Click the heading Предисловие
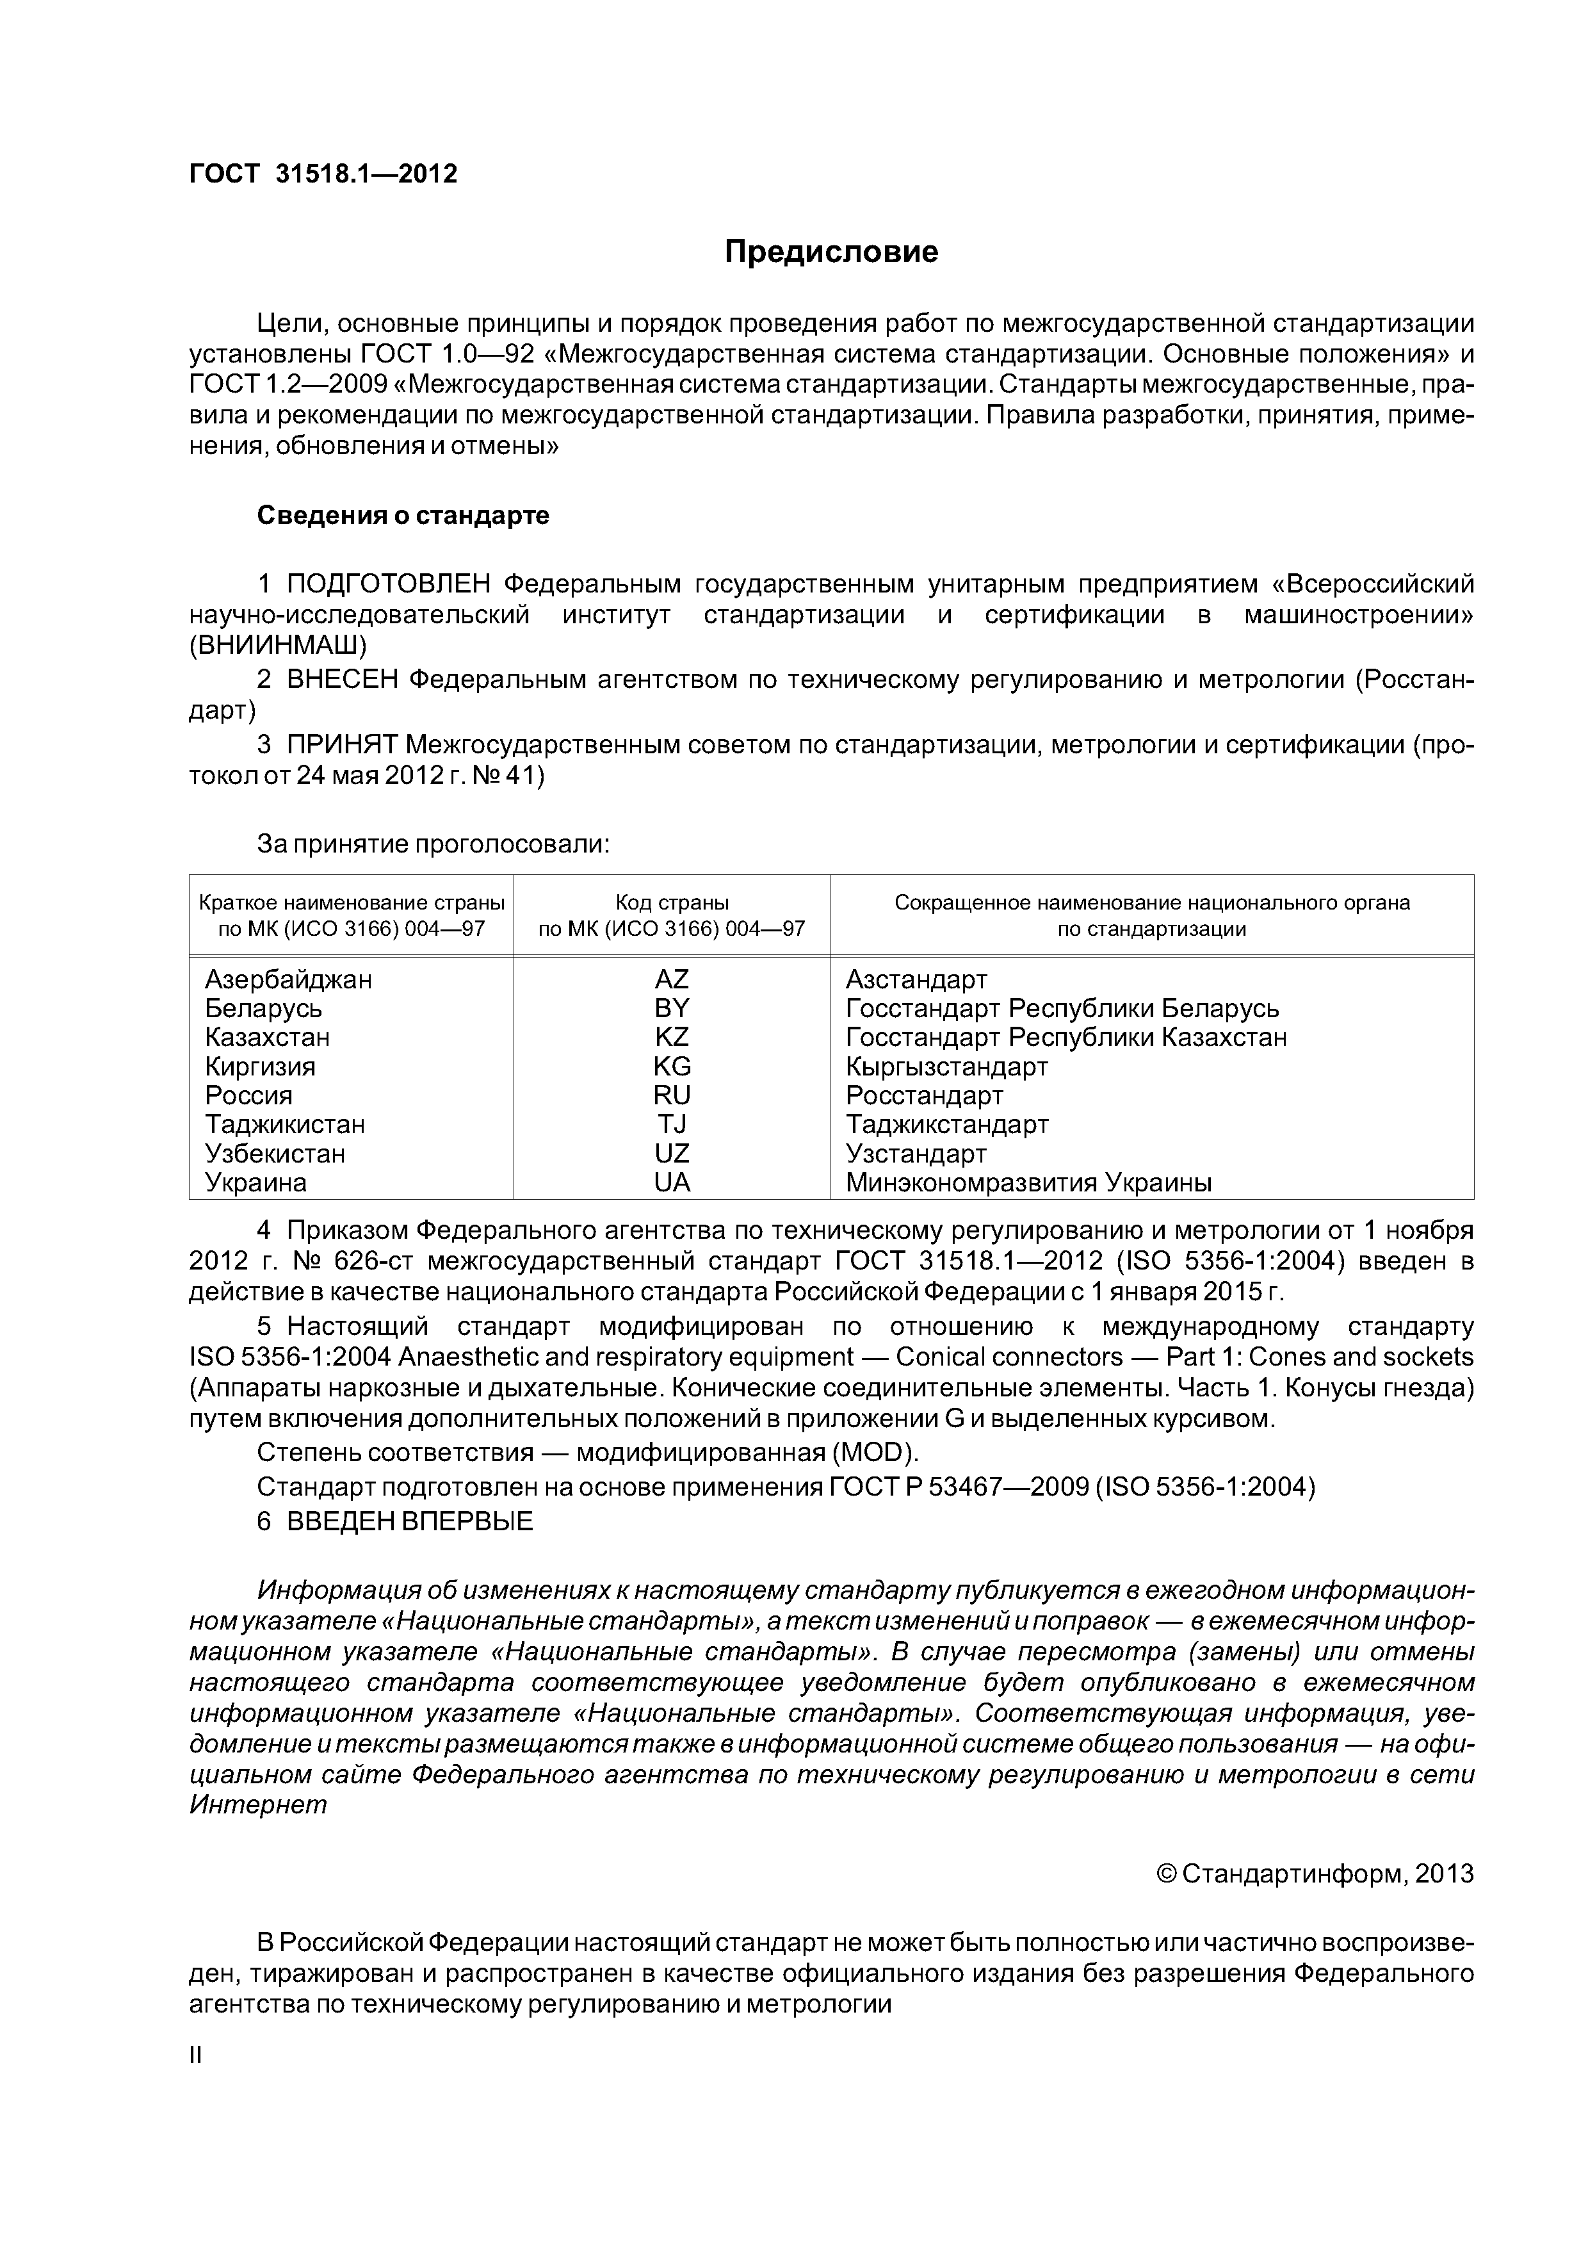(830, 252)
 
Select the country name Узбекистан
(274, 1153)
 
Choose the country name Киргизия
(259, 1066)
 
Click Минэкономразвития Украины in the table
(1028, 1182)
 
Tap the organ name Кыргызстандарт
(946, 1066)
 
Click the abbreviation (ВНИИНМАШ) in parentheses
(278, 646)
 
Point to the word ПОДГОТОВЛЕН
(389, 584)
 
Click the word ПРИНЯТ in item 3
(341, 745)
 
